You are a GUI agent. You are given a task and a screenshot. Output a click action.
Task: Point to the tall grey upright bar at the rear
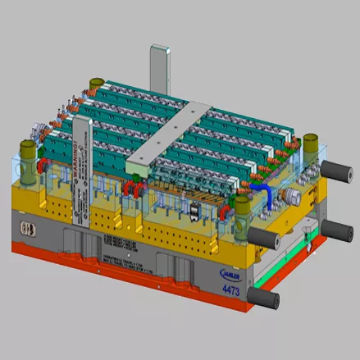pos(158,70)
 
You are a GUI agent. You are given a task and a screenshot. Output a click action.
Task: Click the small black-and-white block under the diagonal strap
pos(194,212)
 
